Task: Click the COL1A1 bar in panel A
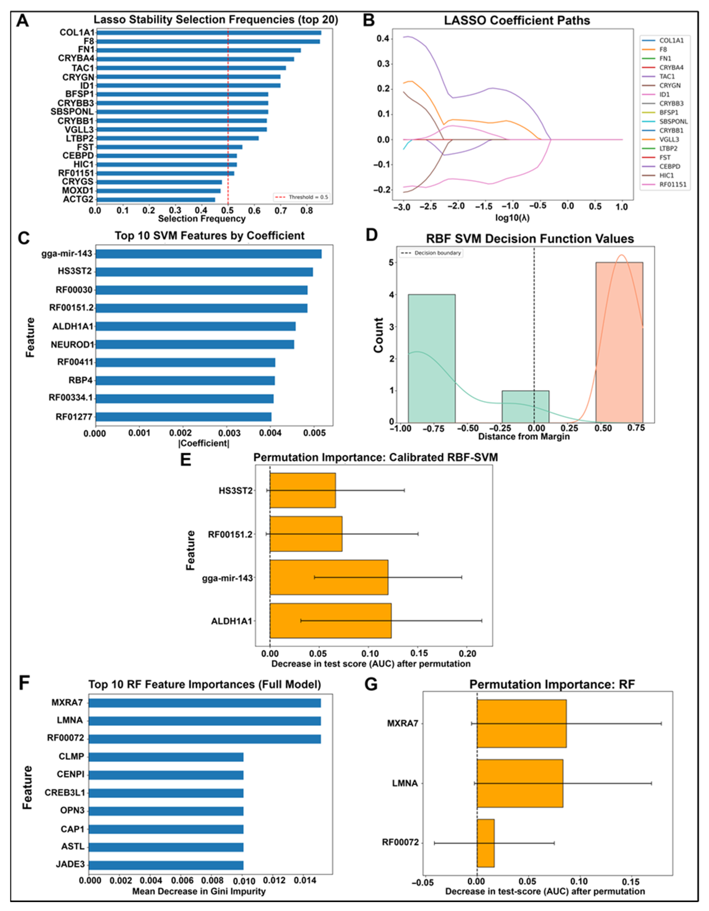[x=209, y=32]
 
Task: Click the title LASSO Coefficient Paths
[x=517, y=21]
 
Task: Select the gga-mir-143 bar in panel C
[x=209, y=254]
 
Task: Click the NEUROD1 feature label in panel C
[x=73, y=345]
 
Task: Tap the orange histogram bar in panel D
[x=619, y=342]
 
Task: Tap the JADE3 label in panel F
[x=70, y=864]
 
